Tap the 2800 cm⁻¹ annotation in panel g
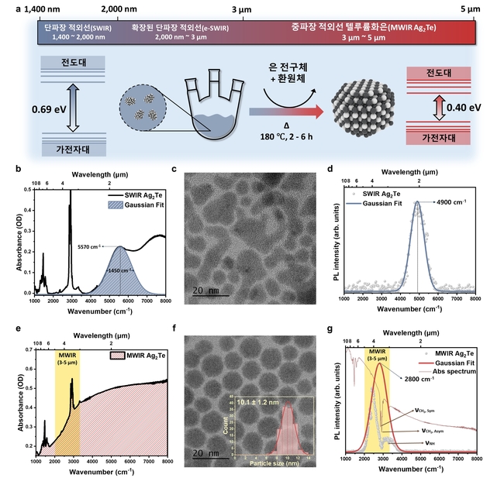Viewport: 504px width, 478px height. tap(423, 380)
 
